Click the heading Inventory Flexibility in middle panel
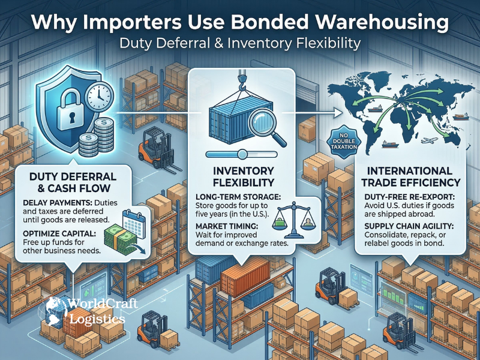(239, 176)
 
